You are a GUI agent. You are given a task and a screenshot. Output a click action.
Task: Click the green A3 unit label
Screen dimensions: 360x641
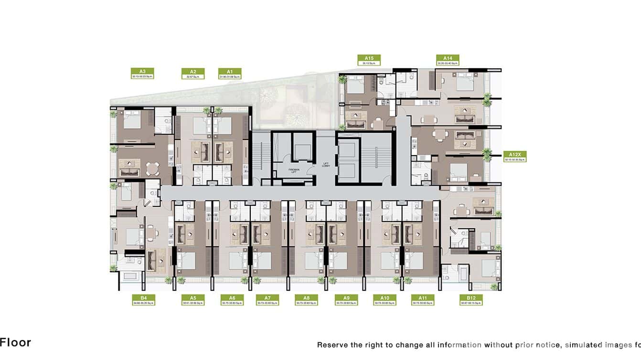(x=142, y=73)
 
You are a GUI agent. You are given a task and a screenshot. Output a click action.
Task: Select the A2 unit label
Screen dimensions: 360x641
(x=193, y=73)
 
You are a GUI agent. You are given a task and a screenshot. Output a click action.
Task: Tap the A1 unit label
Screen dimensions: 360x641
(x=230, y=73)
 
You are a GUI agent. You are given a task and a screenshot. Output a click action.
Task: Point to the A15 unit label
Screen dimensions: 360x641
(x=369, y=60)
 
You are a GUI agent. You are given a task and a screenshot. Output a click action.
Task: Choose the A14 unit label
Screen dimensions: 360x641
(x=448, y=60)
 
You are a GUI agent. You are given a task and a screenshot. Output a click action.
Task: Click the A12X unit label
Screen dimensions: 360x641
(x=515, y=157)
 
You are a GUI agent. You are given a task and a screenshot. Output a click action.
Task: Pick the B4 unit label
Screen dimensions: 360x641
(x=143, y=300)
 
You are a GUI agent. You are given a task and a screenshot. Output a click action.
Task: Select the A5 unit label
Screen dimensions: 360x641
(x=193, y=300)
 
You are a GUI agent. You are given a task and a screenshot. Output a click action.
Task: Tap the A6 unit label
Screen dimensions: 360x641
(x=232, y=300)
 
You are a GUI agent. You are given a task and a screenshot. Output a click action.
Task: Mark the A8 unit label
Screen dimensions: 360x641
(x=306, y=300)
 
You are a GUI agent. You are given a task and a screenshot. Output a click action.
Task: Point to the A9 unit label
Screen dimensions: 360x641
(x=346, y=300)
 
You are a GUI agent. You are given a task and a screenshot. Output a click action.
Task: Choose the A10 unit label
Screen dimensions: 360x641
(x=385, y=300)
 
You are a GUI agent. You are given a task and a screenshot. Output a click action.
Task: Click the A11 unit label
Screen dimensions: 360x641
(x=423, y=300)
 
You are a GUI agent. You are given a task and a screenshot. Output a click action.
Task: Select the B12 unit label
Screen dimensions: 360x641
(x=471, y=300)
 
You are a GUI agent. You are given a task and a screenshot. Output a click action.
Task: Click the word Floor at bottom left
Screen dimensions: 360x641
(x=15, y=342)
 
